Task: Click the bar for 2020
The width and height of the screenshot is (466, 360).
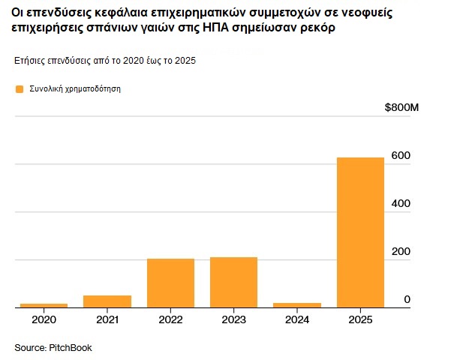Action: tap(44, 305)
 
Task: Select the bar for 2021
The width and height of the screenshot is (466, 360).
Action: tap(107, 301)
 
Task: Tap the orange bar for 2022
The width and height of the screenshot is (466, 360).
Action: tap(170, 283)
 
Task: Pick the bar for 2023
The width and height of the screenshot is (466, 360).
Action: tap(233, 282)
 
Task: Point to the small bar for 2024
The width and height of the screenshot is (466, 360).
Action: tap(297, 305)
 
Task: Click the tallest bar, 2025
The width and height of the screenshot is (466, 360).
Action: tap(360, 232)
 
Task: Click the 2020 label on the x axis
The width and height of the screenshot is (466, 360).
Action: tap(44, 319)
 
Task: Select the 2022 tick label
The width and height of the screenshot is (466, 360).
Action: tap(170, 319)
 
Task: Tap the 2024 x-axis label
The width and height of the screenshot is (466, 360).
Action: tap(297, 319)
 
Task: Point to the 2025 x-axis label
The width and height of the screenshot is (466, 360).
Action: tap(360, 319)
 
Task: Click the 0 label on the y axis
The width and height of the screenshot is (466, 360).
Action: tap(407, 299)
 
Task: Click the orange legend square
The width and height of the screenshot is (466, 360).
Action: tap(20, 89)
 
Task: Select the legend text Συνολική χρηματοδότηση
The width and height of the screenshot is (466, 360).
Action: tap(75, 89)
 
